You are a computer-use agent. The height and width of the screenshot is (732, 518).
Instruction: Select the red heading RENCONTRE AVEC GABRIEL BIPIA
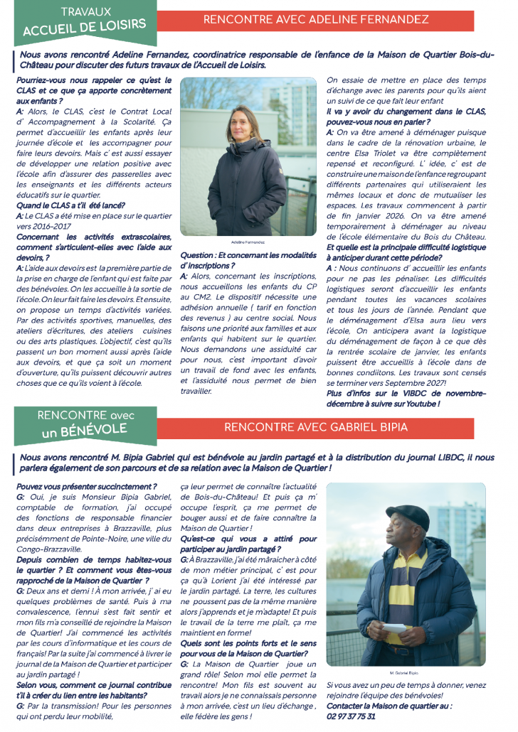pos(317,427)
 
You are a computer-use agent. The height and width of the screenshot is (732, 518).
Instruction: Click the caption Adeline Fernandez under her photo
pos(248,242)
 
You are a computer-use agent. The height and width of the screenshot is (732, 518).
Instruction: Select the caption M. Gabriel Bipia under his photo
pos(405,673)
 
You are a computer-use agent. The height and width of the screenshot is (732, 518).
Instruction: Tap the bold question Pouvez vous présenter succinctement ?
pos(86,487)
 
